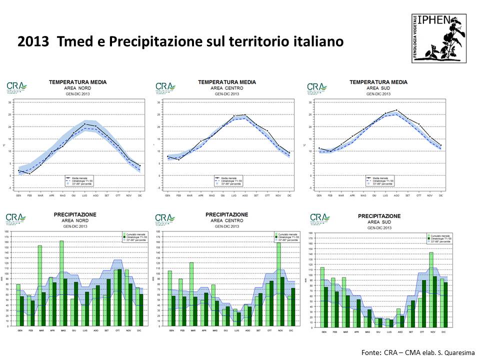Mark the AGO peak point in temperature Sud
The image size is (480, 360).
click(396, 110)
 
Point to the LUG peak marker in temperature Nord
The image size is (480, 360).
click(84, 123)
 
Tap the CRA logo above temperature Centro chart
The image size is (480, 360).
click(165, 87)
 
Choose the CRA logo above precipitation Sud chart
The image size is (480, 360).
click(320, 218)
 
